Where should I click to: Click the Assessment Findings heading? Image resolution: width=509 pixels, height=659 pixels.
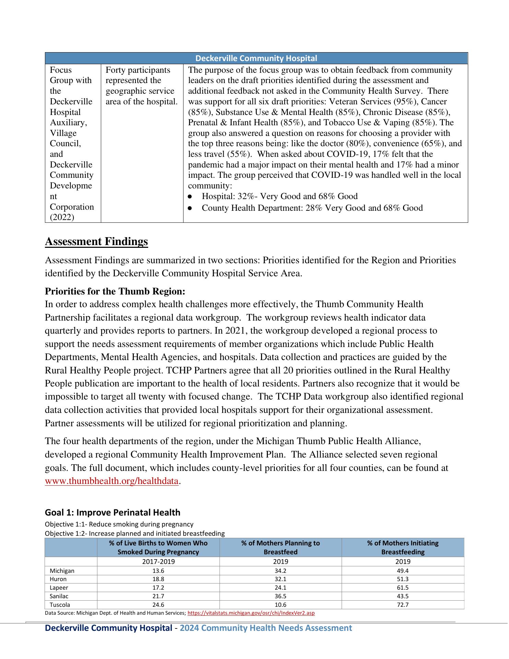96,241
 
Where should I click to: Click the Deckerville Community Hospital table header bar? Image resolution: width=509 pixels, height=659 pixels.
256,58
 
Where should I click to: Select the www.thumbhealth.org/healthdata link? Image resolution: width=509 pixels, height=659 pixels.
112,481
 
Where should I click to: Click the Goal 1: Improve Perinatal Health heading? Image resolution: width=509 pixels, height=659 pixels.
113,512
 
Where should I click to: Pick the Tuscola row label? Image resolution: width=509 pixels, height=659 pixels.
60,605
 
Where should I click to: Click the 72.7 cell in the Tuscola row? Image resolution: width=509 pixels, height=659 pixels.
403,605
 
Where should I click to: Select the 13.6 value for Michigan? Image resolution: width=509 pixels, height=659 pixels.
158,571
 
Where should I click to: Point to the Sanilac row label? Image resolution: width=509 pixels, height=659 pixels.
59,596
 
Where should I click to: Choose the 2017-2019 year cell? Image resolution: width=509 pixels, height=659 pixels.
158,562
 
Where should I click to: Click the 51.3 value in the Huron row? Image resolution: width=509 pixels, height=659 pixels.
403,579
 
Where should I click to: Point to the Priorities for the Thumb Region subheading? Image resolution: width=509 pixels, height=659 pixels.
115,291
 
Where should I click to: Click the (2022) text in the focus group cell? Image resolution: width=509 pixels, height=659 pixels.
62,217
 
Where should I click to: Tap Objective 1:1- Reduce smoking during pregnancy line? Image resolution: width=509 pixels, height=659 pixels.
119,524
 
